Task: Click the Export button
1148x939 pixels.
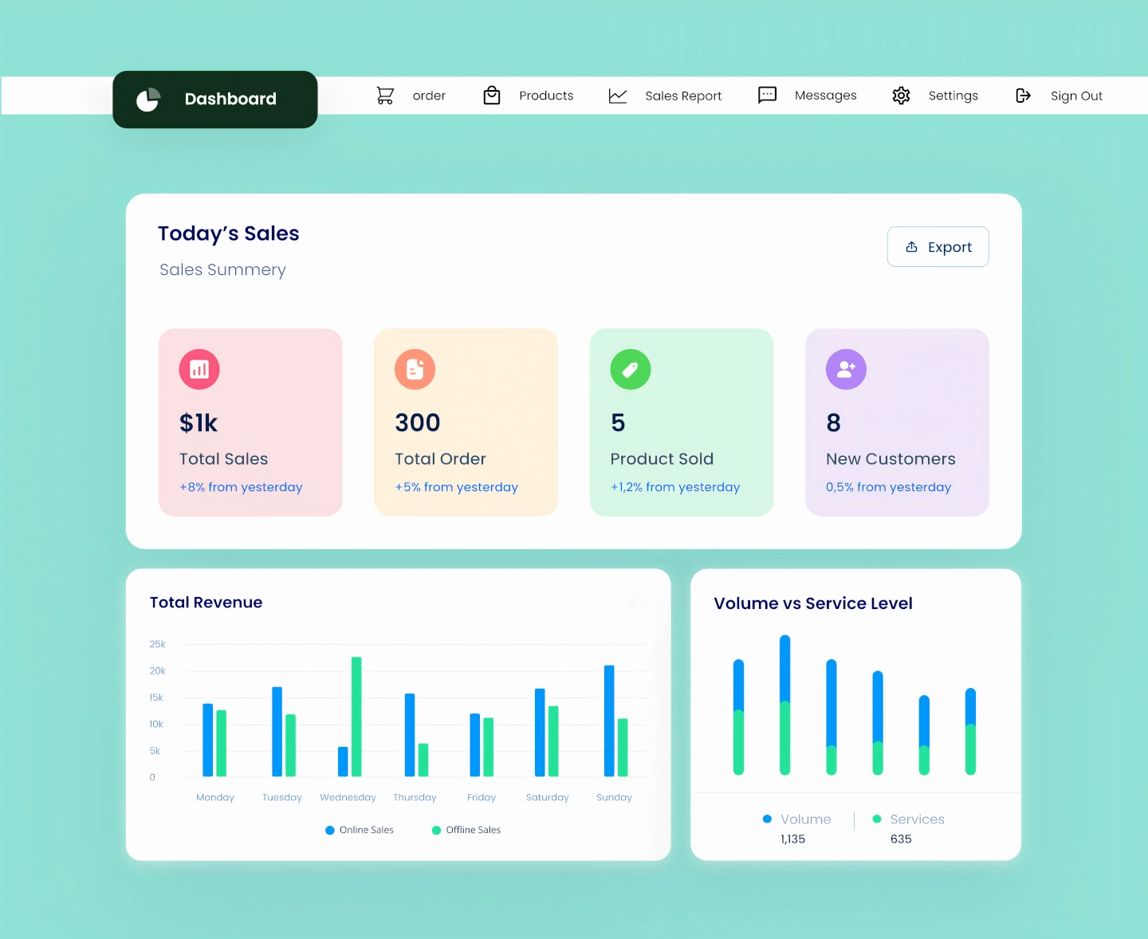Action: (938, 247)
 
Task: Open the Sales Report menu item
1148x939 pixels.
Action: (682, 96)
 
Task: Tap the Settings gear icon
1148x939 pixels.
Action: (901, 96)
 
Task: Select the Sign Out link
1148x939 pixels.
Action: (1075, 96)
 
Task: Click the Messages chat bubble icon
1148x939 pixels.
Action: (767, 96)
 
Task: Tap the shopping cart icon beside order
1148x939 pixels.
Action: (385, 96)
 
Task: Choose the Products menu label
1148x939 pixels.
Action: (546, 96)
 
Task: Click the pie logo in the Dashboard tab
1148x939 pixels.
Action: (148, 100)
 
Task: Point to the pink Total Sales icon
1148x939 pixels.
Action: (199, 369)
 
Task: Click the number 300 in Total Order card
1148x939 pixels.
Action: (418, 422)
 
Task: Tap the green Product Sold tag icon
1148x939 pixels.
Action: (631, 369)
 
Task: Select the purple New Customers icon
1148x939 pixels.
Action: (846, 369)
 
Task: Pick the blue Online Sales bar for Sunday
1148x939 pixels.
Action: (609, 721)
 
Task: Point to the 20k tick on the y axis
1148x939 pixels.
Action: (157, 671)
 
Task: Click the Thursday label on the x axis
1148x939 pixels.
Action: (415, 797)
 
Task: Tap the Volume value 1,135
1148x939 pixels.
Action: (792, 839)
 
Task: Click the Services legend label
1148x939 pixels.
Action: (917, 819)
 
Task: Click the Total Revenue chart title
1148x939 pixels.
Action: (206, 603)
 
